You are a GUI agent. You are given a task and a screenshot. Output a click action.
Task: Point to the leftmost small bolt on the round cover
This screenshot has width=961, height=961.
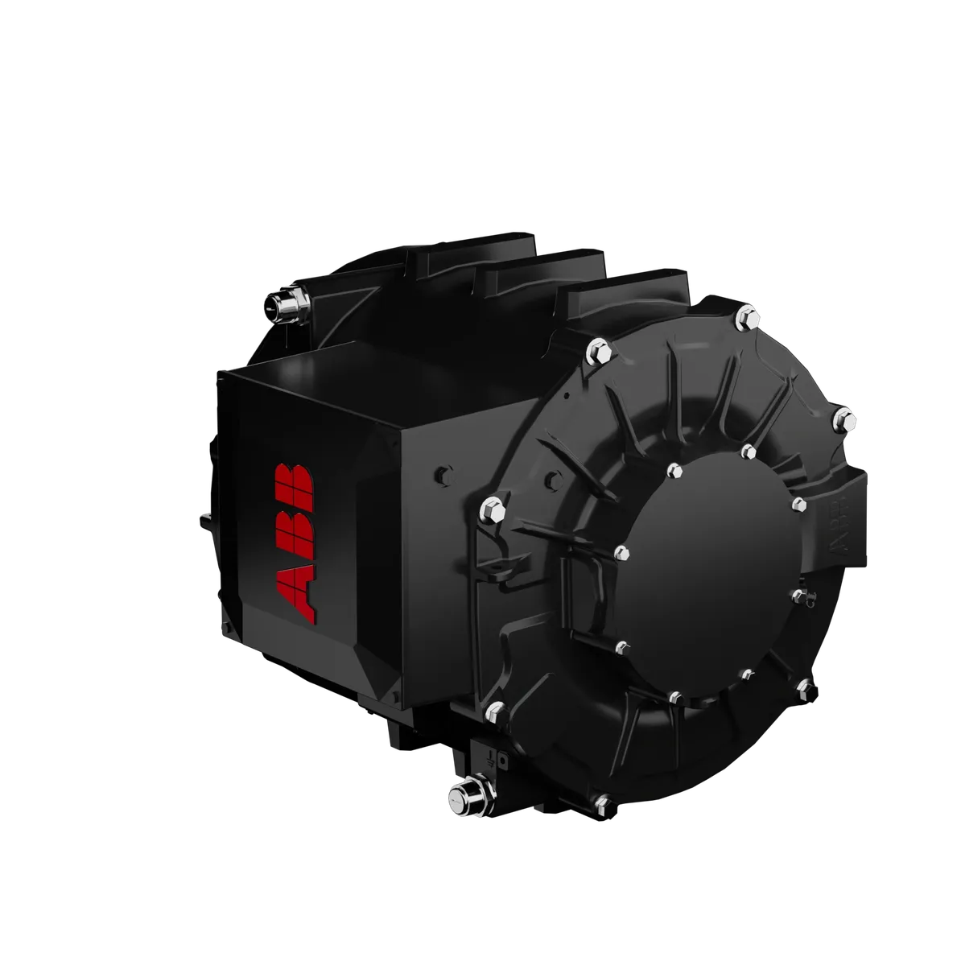tap(621, 552)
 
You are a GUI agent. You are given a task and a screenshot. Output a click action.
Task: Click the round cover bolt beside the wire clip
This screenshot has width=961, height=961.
tap(797, 595)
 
